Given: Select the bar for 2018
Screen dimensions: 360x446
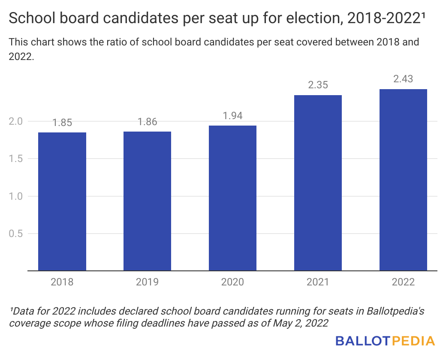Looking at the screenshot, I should point(62,201).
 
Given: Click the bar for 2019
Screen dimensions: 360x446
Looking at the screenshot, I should point(147,201).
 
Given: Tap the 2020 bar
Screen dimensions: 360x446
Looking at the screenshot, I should point(232,198).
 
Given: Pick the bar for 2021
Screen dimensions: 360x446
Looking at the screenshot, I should point(318,183).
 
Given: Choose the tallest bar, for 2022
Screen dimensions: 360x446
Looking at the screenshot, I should point(403,180).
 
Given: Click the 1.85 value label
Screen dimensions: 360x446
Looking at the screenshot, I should point(62,123).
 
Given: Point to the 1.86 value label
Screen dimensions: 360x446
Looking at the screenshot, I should point(147,122).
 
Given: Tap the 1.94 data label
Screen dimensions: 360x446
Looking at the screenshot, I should point(232,116).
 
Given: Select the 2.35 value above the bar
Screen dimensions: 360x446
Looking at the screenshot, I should point(318,85).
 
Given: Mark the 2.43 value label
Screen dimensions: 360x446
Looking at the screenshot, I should point(403,79).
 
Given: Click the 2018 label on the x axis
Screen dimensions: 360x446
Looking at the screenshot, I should point(62,282).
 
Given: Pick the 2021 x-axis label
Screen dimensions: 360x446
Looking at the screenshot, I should point(318,282).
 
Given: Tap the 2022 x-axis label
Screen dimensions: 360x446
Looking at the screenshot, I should point(403,282).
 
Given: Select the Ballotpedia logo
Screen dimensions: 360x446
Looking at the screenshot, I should point(385,341).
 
